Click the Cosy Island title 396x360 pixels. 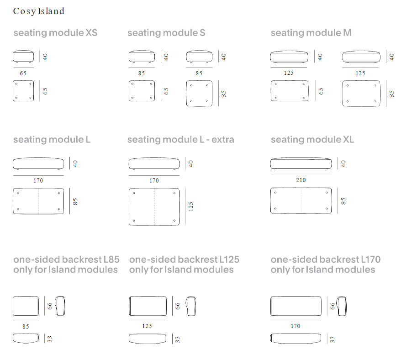point(39,11)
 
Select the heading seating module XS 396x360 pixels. point(55,33)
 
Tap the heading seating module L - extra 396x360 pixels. point(180,140)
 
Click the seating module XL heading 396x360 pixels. point(312,140)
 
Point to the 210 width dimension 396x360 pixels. point(301,180)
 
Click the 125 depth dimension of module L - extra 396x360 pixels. point(190,206)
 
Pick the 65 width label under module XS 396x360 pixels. point(23,73)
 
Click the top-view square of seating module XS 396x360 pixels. point(23,91)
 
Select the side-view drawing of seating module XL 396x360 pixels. point(301,163)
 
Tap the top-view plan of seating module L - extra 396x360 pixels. point(154,207)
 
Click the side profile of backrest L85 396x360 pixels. point(60,306)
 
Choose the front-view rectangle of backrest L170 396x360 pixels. point(296,306)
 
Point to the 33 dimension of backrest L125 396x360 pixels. point(177,339)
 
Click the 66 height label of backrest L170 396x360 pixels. point(333,306)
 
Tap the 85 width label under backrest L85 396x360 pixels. point(26,326)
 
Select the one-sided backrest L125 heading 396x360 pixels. point(184,259)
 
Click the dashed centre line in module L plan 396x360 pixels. point(39,201)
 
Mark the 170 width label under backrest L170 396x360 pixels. point(295,326)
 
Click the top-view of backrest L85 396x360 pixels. point(26,338)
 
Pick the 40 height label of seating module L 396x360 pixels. point(75,163)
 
